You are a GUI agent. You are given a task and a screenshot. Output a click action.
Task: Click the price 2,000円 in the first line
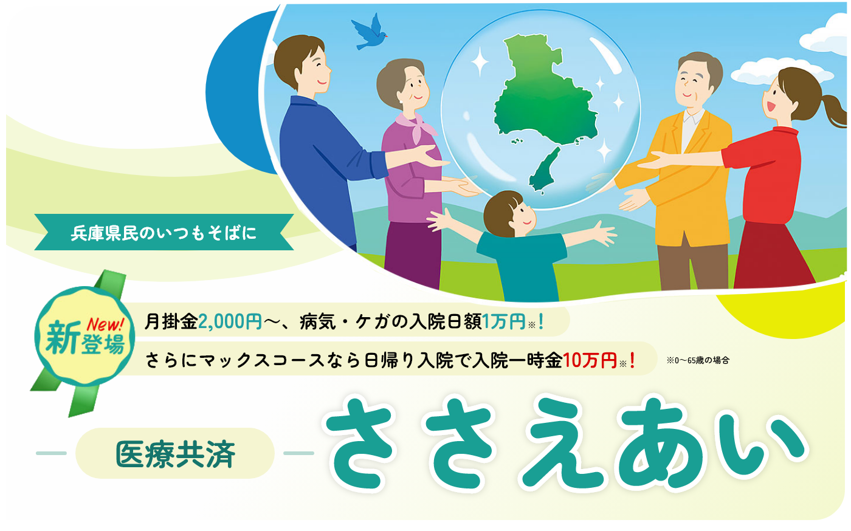point(230,322)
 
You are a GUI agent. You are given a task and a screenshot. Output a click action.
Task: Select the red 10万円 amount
point(590,360)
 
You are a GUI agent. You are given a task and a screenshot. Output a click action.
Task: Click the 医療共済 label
point(176,454)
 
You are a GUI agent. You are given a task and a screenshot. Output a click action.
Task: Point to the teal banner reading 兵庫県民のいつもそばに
point(164,232)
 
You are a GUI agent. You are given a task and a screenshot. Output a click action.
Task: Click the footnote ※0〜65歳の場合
point(698,360)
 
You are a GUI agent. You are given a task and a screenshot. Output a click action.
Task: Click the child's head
point(509,214)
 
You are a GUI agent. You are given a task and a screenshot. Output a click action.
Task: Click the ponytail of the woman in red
point(834,110)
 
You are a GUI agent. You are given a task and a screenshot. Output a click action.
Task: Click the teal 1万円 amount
point(504,322)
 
